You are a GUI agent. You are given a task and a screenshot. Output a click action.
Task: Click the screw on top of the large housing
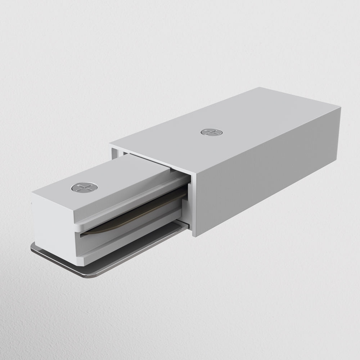211,132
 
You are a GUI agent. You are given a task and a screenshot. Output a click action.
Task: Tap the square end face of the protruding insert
54,223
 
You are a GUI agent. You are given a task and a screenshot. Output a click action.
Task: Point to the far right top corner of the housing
339,106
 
